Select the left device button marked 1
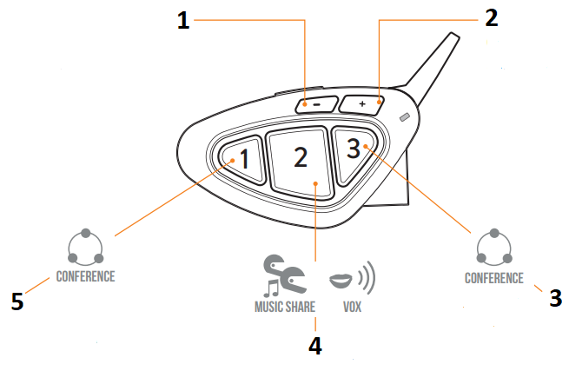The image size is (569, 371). [241, 159]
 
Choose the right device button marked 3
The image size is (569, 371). [354, 152]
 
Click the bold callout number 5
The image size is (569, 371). [17, 301]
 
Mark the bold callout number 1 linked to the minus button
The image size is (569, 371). [183, 22]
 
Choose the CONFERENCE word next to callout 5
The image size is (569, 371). [85, 276]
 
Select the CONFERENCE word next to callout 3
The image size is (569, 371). [494, 278]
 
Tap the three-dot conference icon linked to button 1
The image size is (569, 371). [86, 248]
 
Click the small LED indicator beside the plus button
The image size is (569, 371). [402, 117]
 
